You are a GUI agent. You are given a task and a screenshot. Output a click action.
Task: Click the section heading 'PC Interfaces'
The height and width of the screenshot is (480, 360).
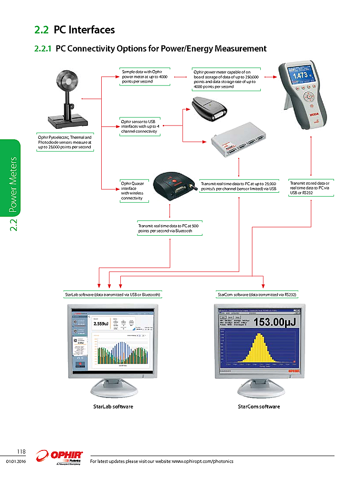pyautogui.click(x=84, y=30)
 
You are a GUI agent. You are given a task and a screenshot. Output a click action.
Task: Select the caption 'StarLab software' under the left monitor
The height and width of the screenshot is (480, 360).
pyautogui.click(x=113, y=407)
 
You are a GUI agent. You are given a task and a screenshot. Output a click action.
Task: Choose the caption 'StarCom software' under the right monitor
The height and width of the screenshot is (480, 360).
pyautogui.click(x=259, y=407)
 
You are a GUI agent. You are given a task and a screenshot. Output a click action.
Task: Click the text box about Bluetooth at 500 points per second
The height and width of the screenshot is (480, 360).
pyautogui.click(x=169, y=228)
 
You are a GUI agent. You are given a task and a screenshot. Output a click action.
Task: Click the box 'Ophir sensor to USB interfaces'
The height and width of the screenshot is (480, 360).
pyautogui.click(x=139, y=126)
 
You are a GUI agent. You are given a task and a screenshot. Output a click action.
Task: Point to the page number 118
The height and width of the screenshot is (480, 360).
pyautogui.click(x=21, y=451)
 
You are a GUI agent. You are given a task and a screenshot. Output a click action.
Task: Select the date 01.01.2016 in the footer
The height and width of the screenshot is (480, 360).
pyautogui.click(x=15, y=461)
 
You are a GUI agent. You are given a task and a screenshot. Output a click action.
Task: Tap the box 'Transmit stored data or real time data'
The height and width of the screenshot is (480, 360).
pyautogui.click(x=310, y=188)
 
